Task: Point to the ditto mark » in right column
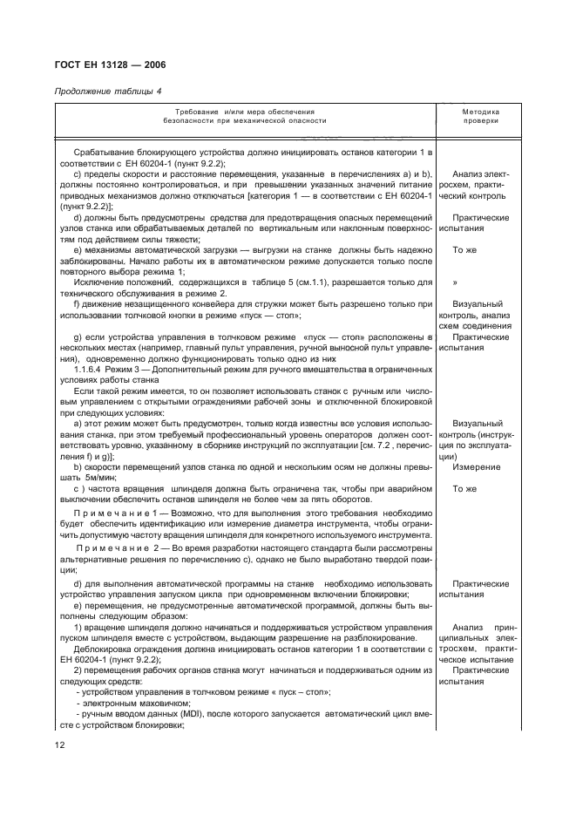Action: click(457, 283)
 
